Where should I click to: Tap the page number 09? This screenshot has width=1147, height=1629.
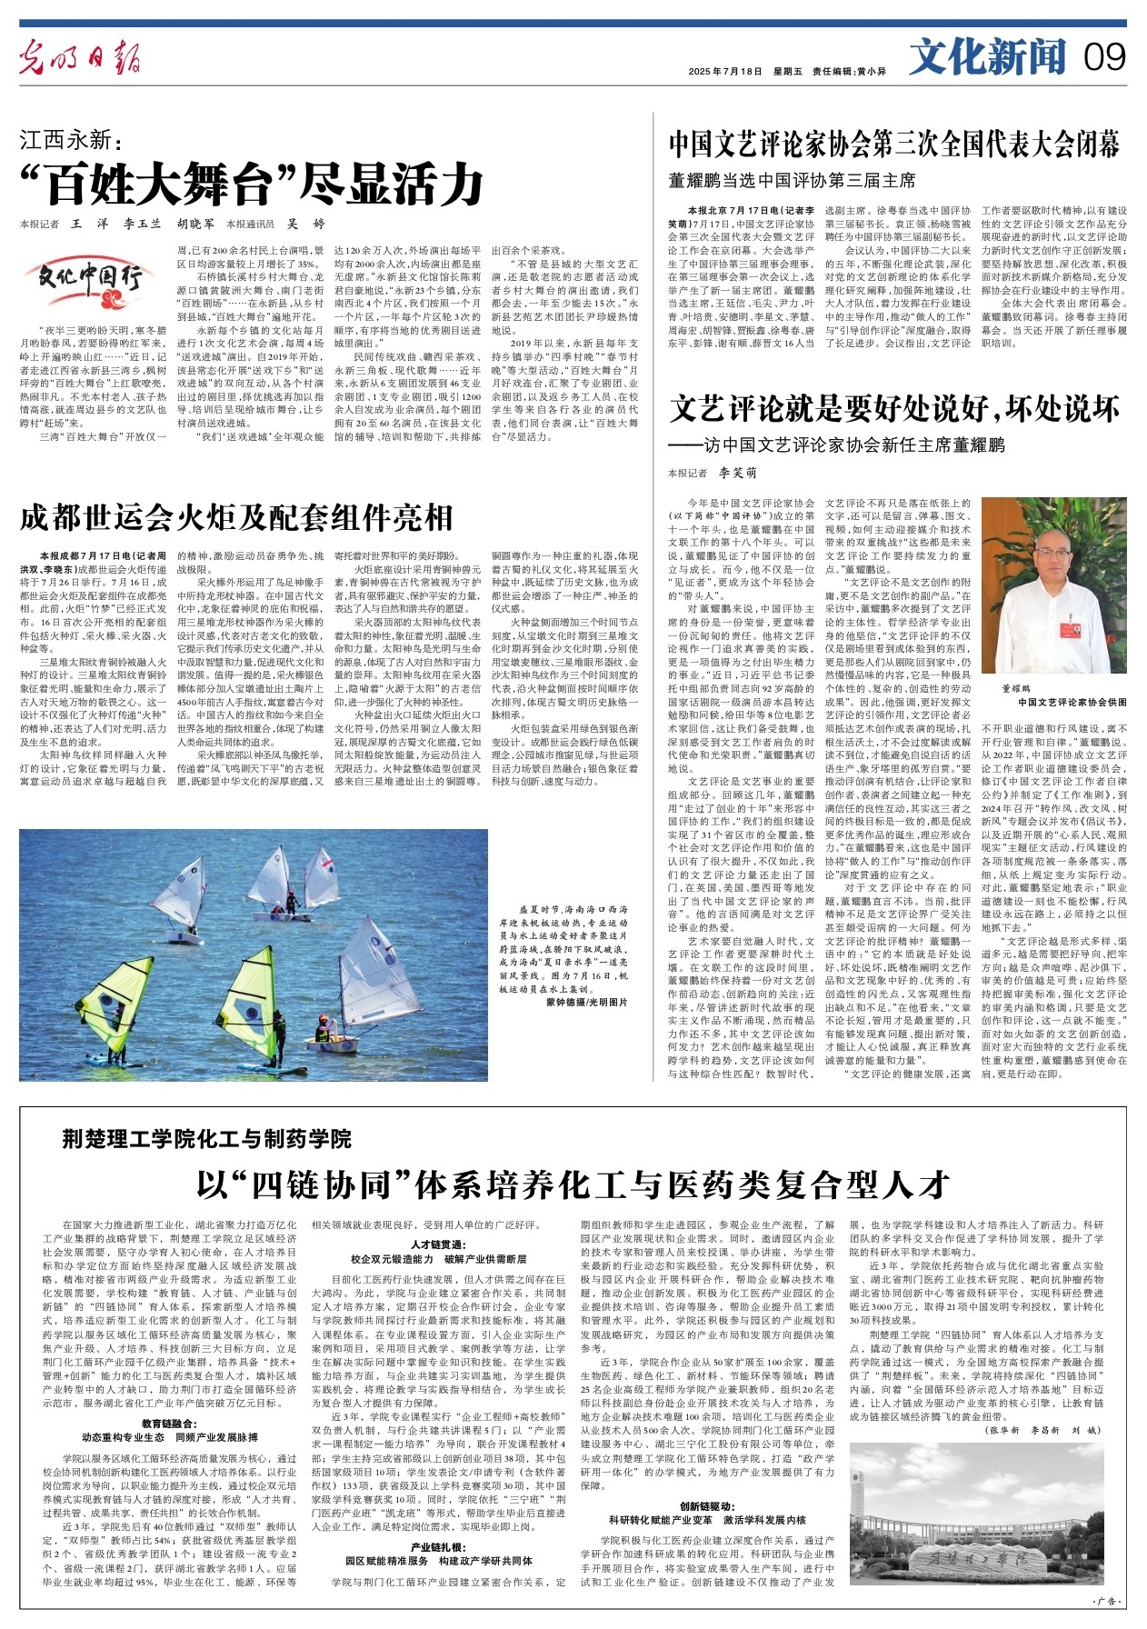1103,58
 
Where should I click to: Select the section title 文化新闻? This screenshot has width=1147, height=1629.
988,57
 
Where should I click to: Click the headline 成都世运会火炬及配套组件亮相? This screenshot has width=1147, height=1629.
236,518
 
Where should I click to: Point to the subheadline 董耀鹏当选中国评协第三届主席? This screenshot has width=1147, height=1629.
792,180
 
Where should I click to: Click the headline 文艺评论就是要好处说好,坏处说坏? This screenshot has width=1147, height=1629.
894,410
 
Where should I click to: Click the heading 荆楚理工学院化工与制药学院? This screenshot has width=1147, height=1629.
207,1138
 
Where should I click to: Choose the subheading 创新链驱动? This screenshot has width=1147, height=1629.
707,1506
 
